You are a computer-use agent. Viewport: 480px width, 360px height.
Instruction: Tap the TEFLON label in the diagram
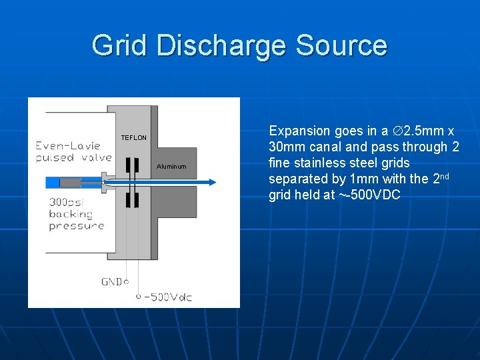pos(133,138)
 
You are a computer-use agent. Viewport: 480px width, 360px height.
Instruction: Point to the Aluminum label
pos(171,167)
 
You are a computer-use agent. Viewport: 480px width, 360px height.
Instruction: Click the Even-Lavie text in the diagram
pos(68,145)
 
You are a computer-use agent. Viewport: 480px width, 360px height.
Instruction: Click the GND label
pos(111,282)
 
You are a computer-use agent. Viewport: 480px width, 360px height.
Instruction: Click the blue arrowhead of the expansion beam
pos(211,180)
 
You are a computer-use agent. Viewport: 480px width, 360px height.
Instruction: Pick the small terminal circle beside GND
pos(127,282)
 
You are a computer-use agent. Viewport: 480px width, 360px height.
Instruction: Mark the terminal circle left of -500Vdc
pos(139,296)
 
